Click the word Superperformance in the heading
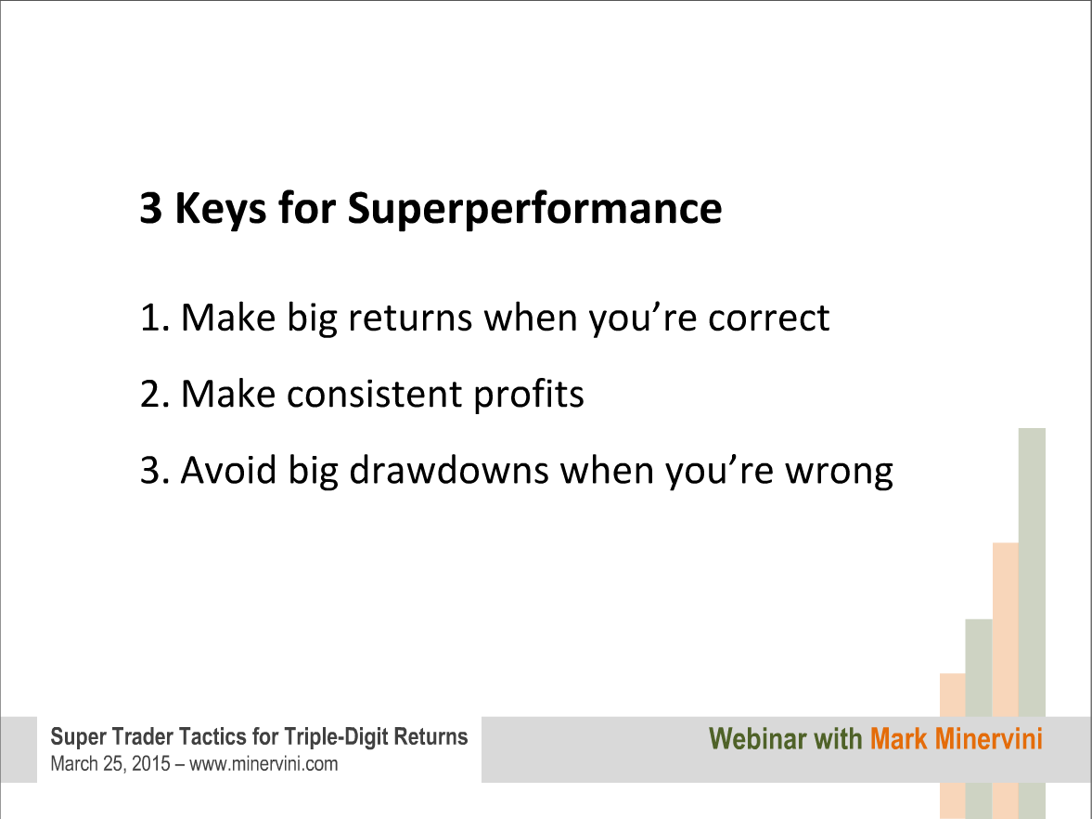tap(534, 209)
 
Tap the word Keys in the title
tap(220, 209)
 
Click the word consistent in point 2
tap(374, 394)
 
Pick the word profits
tap(529, 396)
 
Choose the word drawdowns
tap(448, 470)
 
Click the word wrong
tap(840, 472)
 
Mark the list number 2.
tap(155, 394)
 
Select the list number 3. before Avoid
tap(155, 470)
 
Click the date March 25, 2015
tap(110, 764)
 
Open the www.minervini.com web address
tap(263, 764)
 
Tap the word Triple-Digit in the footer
tap(337, 736)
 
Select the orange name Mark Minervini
tap(957, 739)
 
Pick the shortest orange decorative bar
tap(952, 695)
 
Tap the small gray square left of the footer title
tap(19, 749)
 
